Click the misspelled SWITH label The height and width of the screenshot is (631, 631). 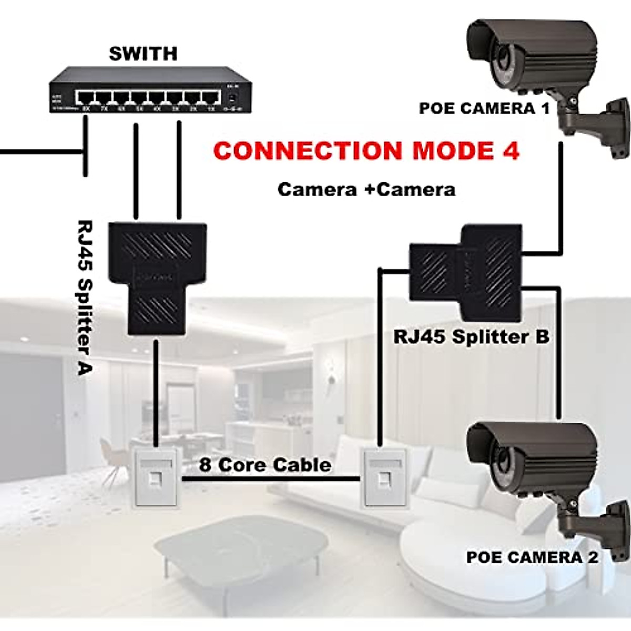tap(143, 54)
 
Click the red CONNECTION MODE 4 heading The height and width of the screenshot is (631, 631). tap(367, 151)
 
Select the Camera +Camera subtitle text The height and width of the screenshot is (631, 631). tap(366, 189)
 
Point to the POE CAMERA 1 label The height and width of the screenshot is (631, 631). tap(484, 109)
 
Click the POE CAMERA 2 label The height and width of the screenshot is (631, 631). tap(532, 557)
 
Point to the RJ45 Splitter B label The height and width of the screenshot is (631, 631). tap(471, 337)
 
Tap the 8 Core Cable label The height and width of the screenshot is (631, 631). tap(265, 465)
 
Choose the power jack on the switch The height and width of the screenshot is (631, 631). tap(231, 98)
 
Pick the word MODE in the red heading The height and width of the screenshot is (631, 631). tap(452, 151)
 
